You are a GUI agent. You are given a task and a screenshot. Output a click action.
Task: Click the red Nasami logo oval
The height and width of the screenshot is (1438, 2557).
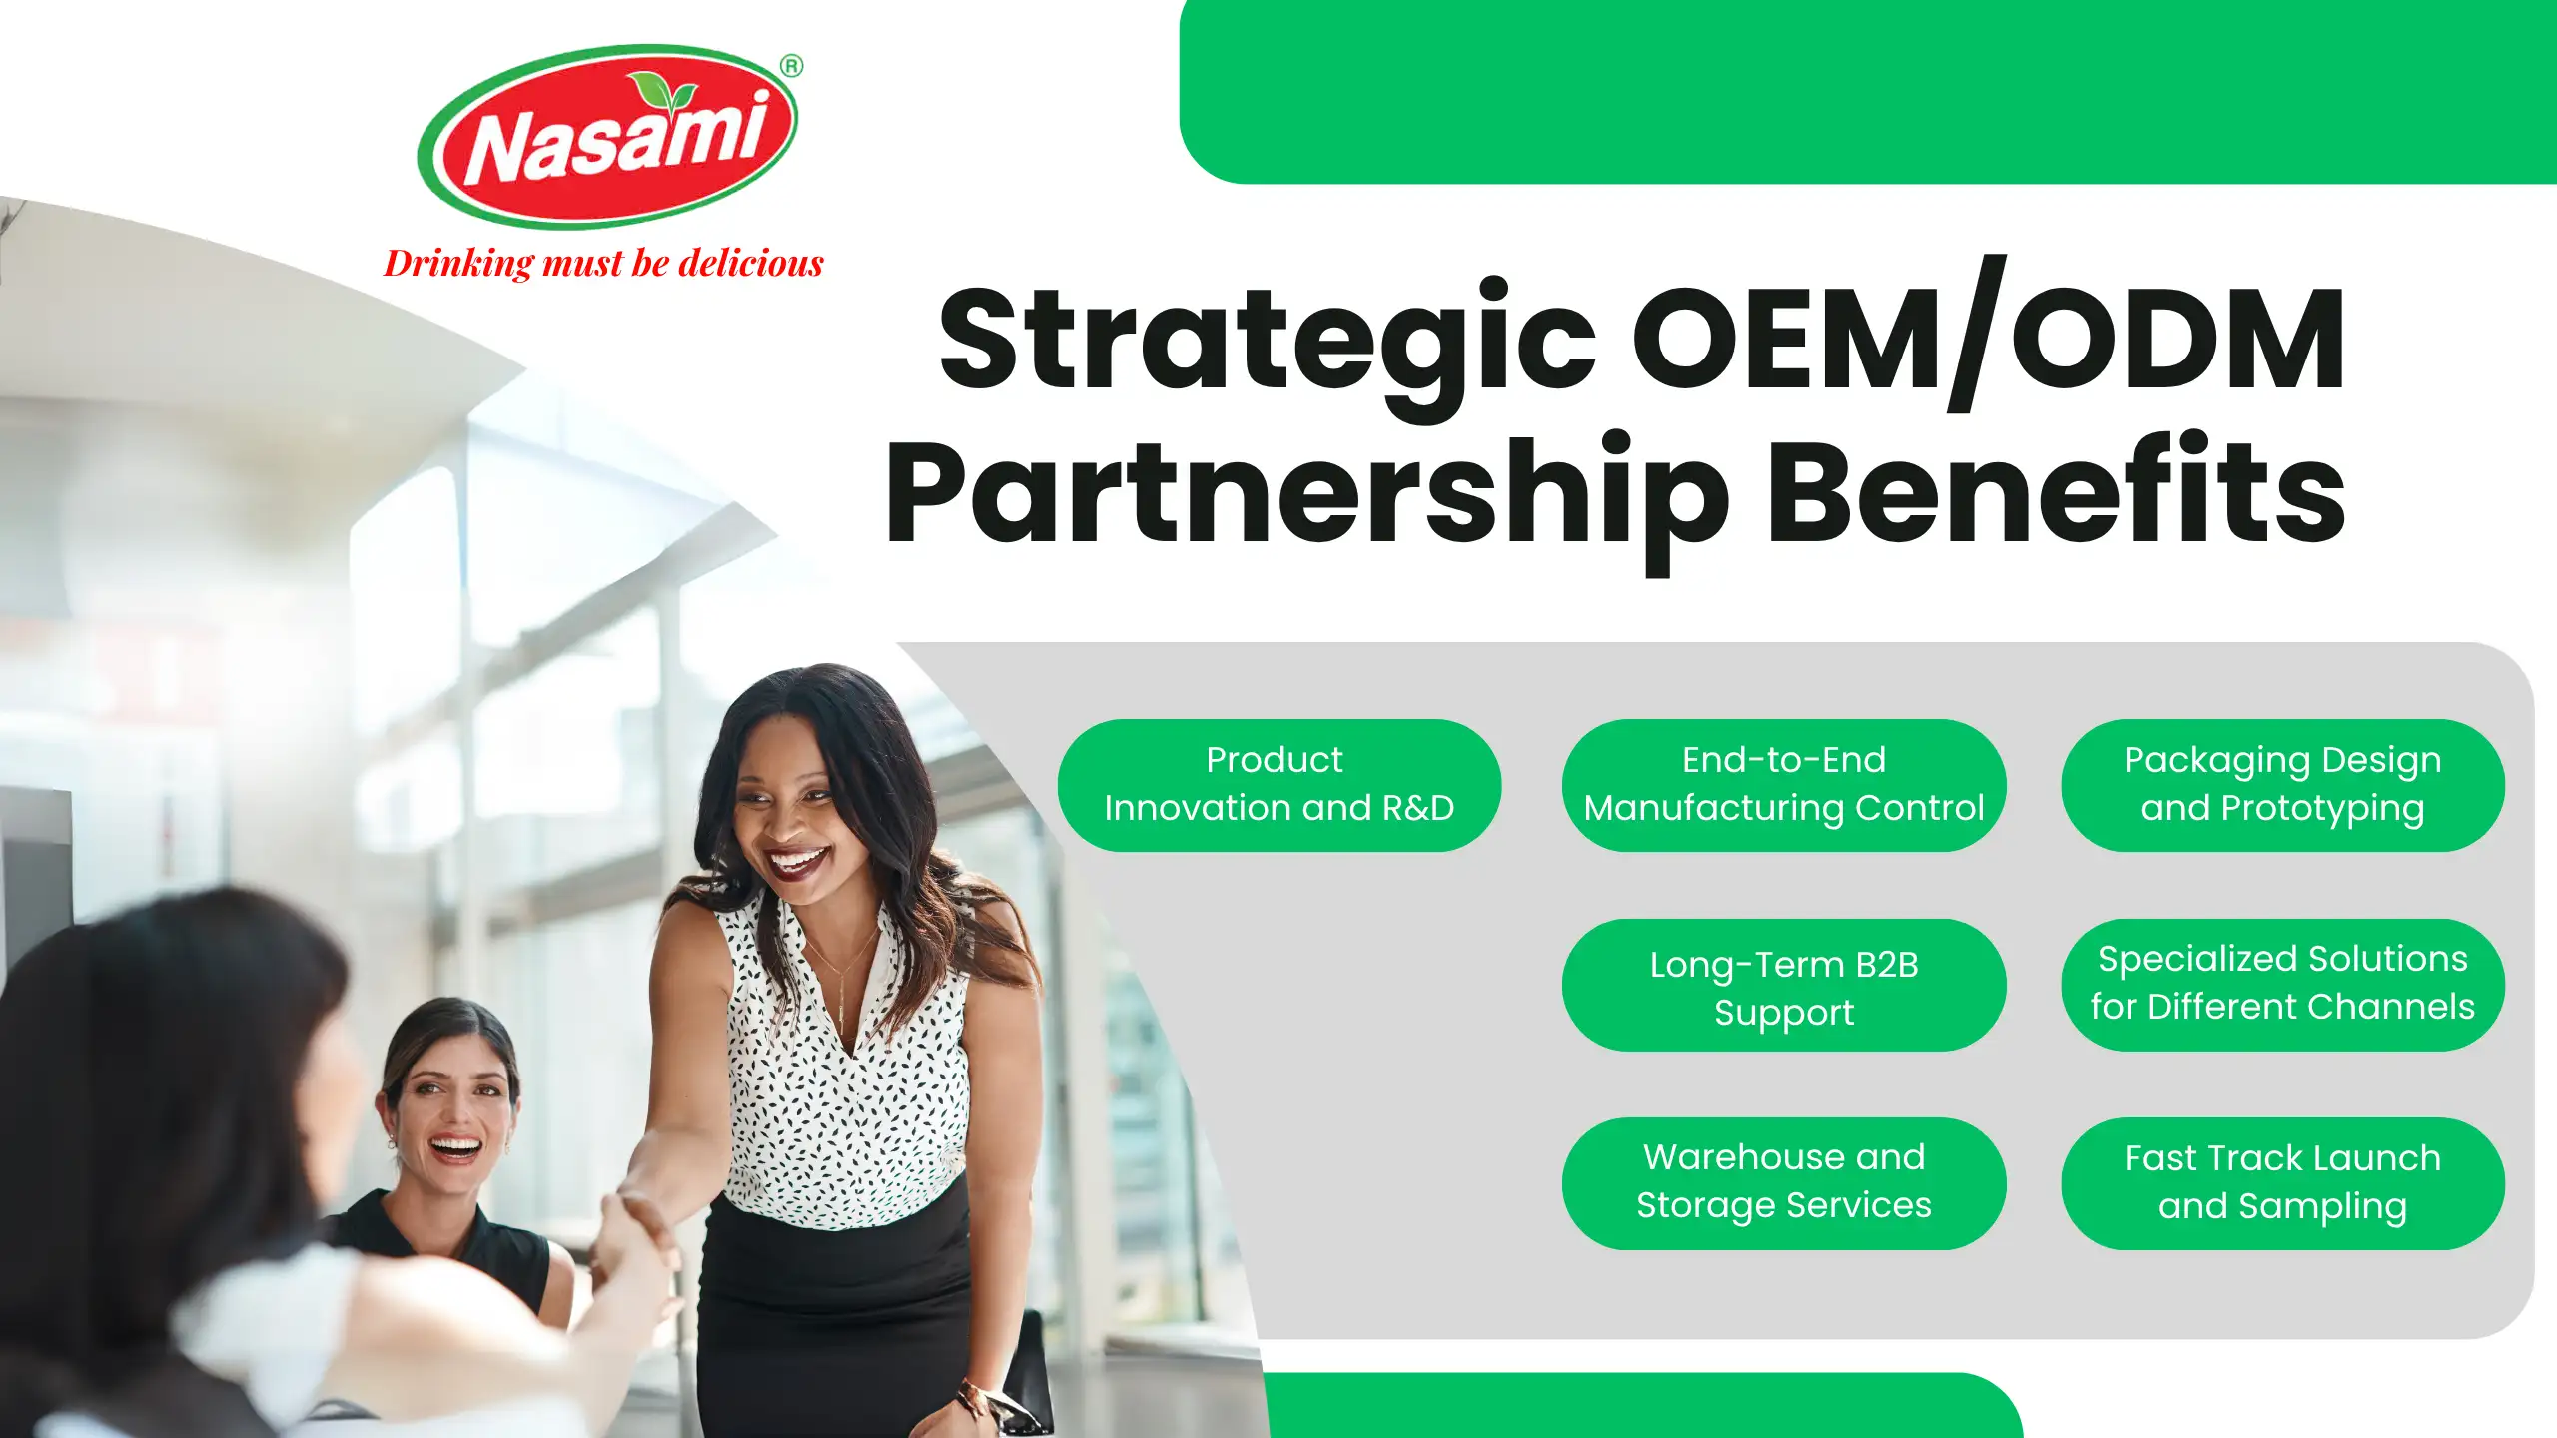pos(608,137)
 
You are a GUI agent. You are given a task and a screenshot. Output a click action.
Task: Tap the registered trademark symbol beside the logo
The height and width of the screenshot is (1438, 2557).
pos(791,66)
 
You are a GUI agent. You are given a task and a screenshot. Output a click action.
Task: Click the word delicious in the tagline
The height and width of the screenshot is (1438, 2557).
pos(751,263)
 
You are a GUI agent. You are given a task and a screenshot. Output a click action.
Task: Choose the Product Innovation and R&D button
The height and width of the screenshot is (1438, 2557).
pos(1278,785)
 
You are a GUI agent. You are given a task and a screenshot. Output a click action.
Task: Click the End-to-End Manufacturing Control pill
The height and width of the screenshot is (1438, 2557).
pos(1784,785)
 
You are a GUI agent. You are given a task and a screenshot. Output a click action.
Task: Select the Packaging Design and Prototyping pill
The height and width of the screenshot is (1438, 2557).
pos(2282,785)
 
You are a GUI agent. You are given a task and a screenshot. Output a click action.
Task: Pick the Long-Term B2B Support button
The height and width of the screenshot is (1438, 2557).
pos(1784,985)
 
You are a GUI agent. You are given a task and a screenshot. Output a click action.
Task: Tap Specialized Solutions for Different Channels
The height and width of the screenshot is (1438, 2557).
pos(2282,985)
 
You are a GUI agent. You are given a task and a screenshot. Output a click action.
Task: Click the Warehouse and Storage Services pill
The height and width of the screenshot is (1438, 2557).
pos(1784,1183)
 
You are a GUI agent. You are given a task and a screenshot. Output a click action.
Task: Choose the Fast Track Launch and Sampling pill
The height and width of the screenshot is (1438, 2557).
pos(2282,1183)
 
